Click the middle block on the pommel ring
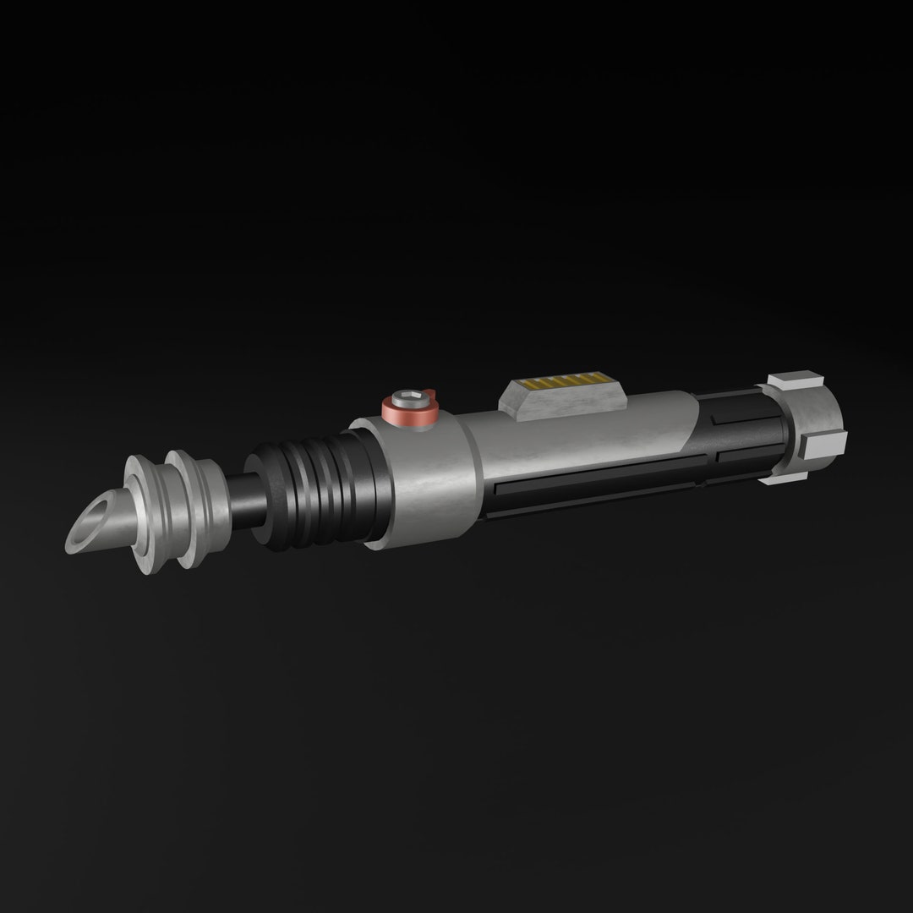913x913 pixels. pos(827,443)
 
